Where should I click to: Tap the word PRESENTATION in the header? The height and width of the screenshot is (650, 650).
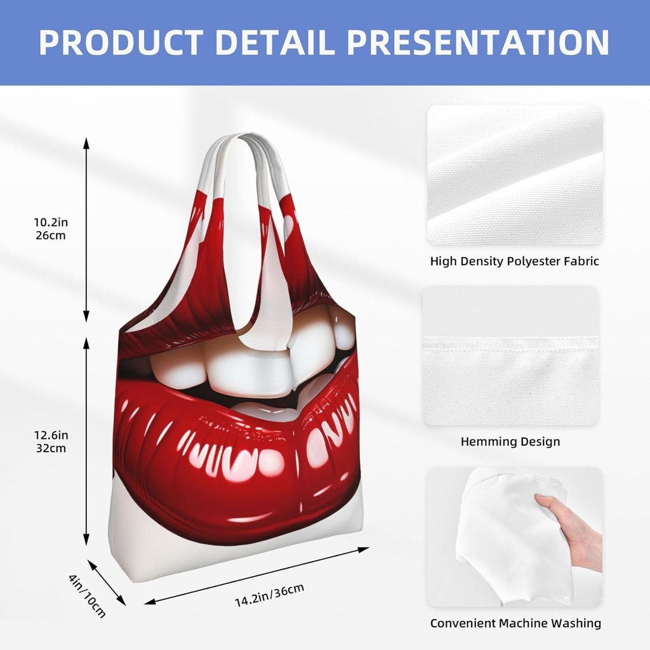tap(479, 42)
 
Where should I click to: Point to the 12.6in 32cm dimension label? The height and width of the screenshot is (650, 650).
tap(50, 441)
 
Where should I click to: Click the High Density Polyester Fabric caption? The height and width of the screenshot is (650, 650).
tap(514, 261)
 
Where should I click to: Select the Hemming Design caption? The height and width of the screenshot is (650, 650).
tap(510, 441)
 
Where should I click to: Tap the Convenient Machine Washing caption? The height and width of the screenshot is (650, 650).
tap(515, 623)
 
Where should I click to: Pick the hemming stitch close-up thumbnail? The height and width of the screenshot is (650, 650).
tap(510, 355)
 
